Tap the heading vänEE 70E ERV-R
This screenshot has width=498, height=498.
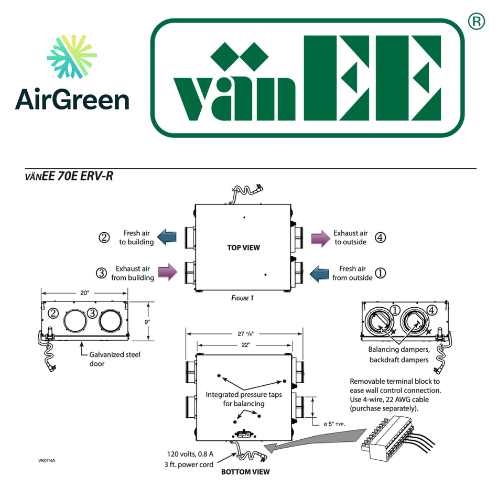[69, 176]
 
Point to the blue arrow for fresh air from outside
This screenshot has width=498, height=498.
[319, 273]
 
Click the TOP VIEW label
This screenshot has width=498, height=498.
[243, 247]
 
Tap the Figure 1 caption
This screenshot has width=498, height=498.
[242, 298]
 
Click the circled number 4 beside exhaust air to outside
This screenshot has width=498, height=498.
[381, 237]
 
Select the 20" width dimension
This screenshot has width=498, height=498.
[84, 293]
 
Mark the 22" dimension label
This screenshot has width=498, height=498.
[244, 345]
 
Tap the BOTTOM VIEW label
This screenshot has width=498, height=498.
[245, 472]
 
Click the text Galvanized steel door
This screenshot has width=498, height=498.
[114, 359]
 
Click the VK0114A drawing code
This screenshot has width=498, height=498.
[47, 461]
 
